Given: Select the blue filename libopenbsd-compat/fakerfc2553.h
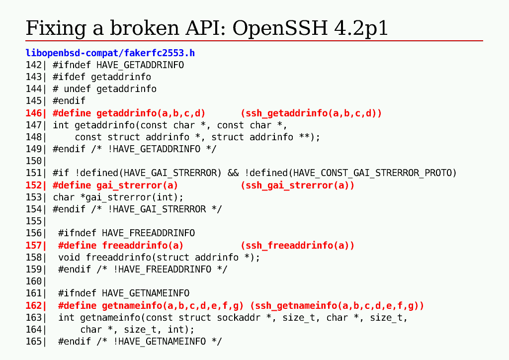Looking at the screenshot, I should pyautogui.click(x=110, y=53).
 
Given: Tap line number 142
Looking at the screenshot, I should pyautogui.click(x=33, y=65).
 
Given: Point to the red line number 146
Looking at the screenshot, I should pyautogui.click(x=33, y=113).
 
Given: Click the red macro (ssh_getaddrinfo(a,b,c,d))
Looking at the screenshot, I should pyautogui.click(x=311, y=113).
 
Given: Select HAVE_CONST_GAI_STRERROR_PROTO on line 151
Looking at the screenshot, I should pyautogui.click(x=375, y=173).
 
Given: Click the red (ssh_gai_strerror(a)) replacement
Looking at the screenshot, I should pyautogui.click(x=297, y=185).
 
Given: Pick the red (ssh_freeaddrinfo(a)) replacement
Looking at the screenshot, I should pyautogui.click(x=297, y=245).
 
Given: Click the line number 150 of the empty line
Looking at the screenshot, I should pyautogui.click(x=33, y=161).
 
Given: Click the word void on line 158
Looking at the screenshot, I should pyautogui.click(x=69, y=258).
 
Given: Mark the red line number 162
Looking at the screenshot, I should pyautogui.click(x=33, y=305).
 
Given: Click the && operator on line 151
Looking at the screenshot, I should pyautogui.click(x=233, y=173).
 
